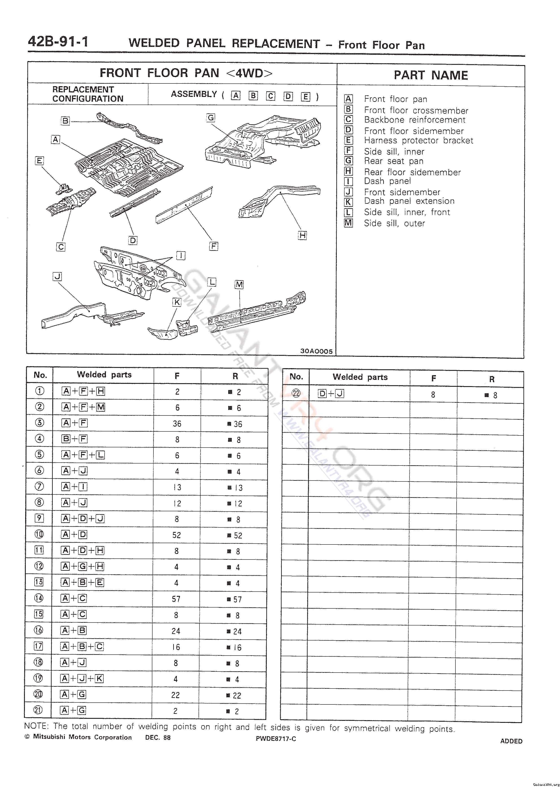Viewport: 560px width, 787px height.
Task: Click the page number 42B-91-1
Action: coord(58,42)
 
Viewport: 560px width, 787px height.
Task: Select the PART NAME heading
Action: coord(431,75)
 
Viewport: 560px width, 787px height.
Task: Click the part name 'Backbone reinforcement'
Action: coord(414,120)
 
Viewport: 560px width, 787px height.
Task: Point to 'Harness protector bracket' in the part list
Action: coord(418,141)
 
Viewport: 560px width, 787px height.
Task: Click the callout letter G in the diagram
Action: coord(211,118)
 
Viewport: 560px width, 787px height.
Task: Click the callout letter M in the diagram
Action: coord(239,284)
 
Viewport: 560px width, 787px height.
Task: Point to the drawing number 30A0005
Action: coord(316,351)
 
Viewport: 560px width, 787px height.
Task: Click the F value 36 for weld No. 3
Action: coord(177,424)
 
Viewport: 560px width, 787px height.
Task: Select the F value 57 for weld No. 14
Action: coord(176,599)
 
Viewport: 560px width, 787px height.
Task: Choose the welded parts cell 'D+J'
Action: coord(331,394)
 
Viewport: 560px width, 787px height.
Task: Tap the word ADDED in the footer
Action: coord(511,741)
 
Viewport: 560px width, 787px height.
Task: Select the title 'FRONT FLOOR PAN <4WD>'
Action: coord(186,73)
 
